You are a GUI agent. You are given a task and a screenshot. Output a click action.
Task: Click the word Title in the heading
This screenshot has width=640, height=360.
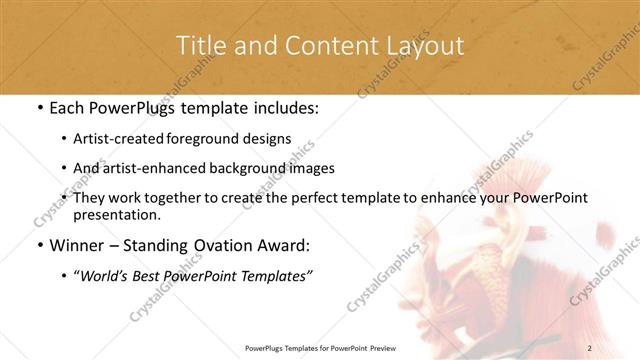click(200, 46)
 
